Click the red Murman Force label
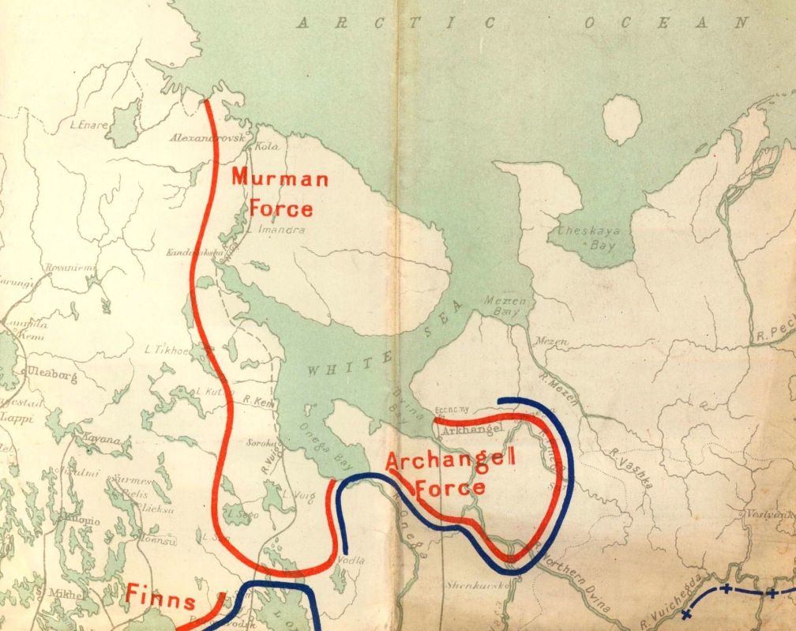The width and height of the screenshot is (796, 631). tap(280, 193)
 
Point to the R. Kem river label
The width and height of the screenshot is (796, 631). tap(258, 400)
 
